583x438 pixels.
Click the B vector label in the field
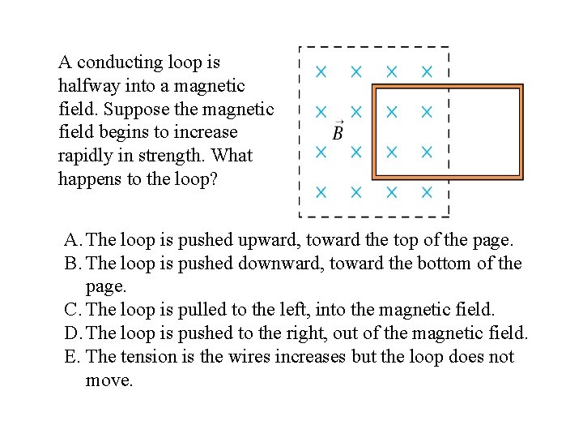(x=338, y=131)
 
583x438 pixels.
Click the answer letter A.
(x=72, y=240)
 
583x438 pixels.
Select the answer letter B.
(x=71, y=264)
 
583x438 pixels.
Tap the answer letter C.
(x=71, y=309)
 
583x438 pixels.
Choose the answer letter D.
(x=72, y=333)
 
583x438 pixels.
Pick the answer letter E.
(x=71, y=356)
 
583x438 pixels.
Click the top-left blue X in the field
(x=321, y=71)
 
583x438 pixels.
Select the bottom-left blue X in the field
(x=321, y=192)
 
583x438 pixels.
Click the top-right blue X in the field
(x=427, y=71)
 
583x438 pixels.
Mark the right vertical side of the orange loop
(x=521, y=131)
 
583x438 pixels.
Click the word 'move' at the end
(x=107, y=380)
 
